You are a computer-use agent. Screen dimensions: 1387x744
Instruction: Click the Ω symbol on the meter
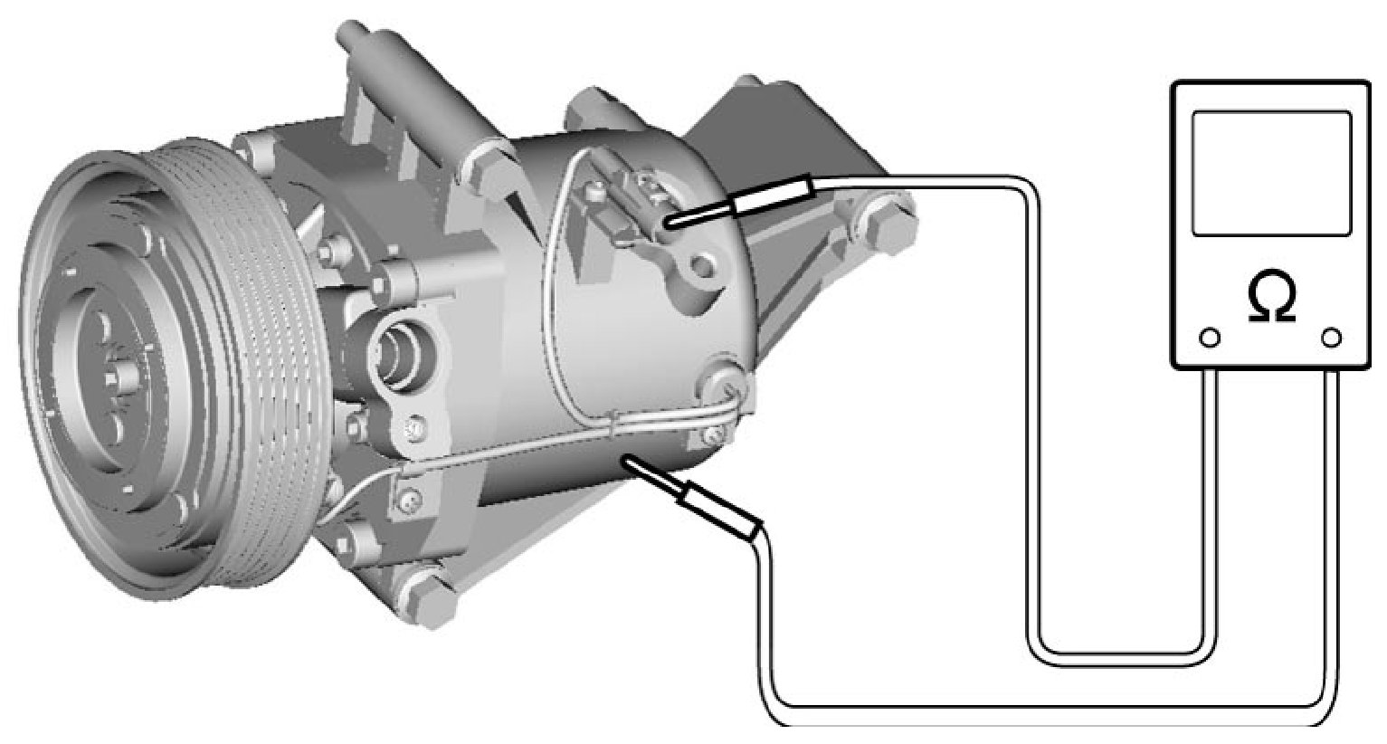click(x=1271, y=300)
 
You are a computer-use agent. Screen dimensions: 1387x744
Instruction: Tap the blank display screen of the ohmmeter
click(x=1271, y=174)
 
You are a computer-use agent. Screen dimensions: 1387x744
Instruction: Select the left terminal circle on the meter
click(x=1210, y=339)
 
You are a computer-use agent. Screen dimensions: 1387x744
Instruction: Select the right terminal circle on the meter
click(x=1332, y=339)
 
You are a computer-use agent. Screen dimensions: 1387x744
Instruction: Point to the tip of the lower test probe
click(x=627, y=459)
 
